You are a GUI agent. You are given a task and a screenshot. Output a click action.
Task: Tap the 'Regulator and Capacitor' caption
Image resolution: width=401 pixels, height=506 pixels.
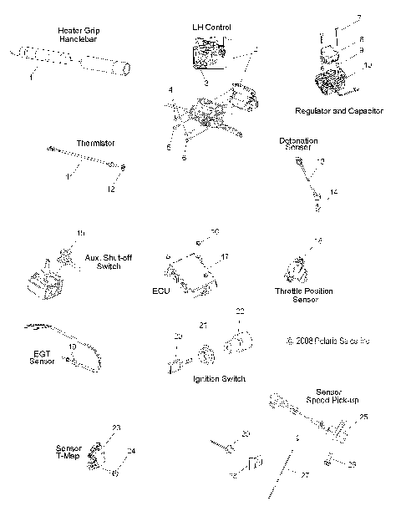click(x=339, y=110)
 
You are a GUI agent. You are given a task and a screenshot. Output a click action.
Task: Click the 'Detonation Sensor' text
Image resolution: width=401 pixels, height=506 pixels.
click(x=298, y=144)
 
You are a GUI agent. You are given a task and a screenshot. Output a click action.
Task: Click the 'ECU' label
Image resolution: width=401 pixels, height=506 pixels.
click(x=160, y=292)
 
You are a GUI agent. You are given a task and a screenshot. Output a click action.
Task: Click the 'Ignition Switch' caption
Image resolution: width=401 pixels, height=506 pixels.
click(x=219, y=378)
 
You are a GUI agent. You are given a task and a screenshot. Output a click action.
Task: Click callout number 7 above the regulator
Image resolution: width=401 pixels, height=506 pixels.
click(x=336, y=18)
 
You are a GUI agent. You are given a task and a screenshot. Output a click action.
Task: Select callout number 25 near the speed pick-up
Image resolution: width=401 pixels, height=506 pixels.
click(x=363, y=416)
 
